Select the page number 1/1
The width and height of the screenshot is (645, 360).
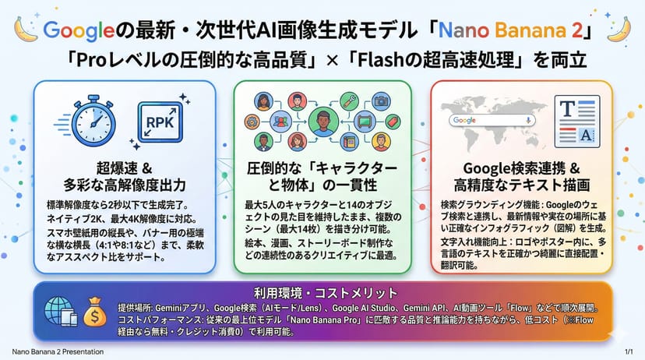[629, 351]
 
